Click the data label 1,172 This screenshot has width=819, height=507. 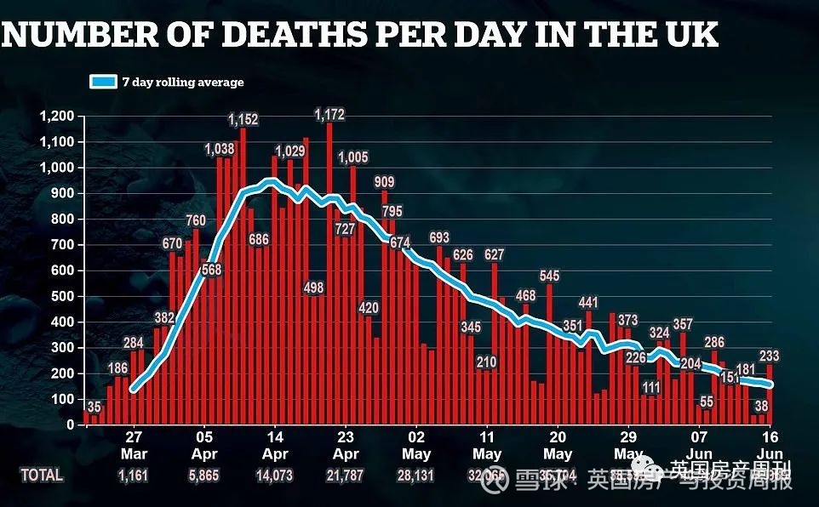(x=329, y=114)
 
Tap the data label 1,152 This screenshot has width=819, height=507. (x=243, y=119)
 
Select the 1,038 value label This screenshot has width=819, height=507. (x=220, y=150)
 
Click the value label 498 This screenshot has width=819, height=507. (x=313, y=288)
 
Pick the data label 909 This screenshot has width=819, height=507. (x=384, y=182)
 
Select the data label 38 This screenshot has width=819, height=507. (x=760, y=407)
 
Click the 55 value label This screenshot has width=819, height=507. (x=706, y=402)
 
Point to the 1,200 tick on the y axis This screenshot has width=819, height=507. (x=58, y=116)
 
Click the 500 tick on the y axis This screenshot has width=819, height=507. (x=64, y=296)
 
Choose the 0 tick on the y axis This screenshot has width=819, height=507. (x=72, y=424)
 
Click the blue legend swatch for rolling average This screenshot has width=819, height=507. (x=102, y=83)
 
